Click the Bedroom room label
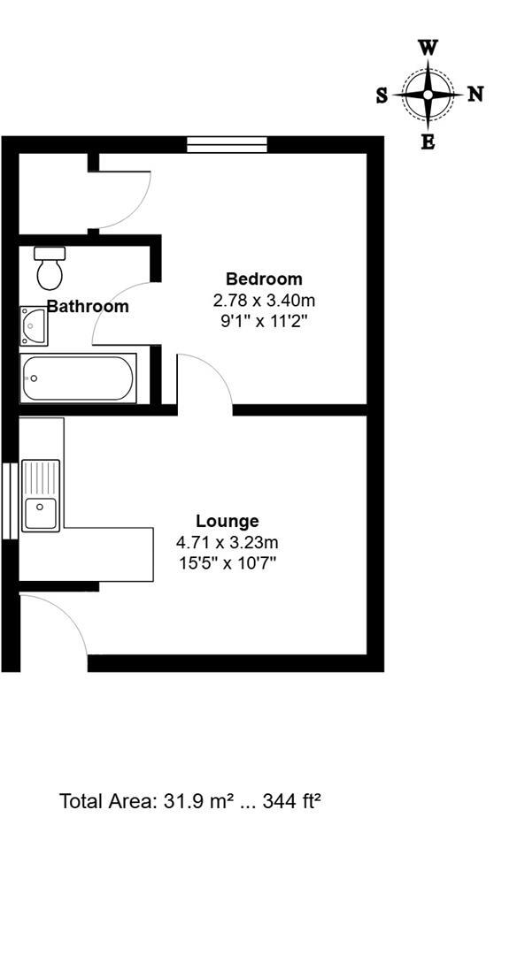tap(264, 279)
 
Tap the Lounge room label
tap(228, 521)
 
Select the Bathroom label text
tap(88, 307)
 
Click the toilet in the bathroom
tap(50, 268)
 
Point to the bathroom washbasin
tap(35, 325)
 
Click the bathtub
tap(78, 378)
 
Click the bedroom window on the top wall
tap(227, 144)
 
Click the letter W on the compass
tap(428, 48)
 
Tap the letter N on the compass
tap(475, 94)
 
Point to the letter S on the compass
tap(382, 95)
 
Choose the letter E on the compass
tap(428, 141)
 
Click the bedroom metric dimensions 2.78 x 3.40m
tap(264, 301)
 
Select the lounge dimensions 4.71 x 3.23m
tap(228, 542)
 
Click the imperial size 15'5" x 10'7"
tap(228, 563)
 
